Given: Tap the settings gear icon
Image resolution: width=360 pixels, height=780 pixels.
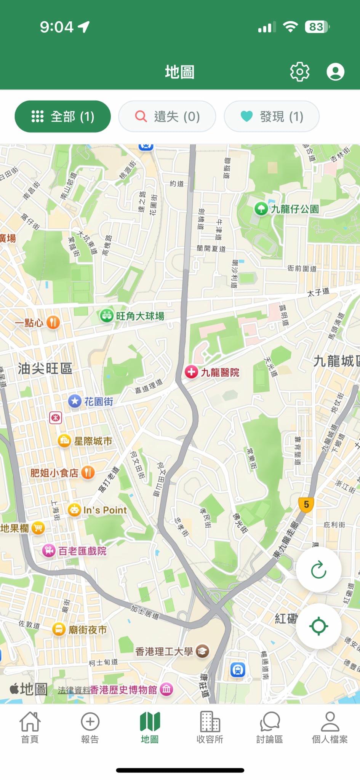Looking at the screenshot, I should point(300,72).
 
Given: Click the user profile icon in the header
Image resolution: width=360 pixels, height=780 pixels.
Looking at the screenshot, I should point(335,72).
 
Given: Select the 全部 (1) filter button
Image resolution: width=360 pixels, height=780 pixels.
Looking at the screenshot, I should point(63,117).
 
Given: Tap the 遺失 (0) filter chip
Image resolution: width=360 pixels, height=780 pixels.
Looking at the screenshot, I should point(167,117).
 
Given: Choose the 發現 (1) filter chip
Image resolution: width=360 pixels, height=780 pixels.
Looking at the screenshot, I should point(272,117).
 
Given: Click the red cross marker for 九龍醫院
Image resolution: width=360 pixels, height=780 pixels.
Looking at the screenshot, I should point(191,372).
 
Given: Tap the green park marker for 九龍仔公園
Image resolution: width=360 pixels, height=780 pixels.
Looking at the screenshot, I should point(261,209).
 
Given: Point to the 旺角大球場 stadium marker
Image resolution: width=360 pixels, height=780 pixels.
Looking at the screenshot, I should point(106,316).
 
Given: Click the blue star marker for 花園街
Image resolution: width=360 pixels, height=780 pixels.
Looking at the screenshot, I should point(75,401).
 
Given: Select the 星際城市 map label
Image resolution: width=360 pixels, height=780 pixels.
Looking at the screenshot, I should point(93,441).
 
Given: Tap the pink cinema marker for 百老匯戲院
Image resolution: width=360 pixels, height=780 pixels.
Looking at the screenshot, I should point(49,551).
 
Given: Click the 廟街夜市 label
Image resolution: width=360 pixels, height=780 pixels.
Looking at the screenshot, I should point(87,630).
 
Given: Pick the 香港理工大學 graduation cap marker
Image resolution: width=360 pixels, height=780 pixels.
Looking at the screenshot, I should point(203,651).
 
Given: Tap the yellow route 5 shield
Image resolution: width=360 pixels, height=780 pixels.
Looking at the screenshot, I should point(306,505).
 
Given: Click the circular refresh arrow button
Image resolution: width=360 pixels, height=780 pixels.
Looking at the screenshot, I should point(318,570).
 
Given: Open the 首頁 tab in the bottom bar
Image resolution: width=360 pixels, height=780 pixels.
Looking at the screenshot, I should point(30,728).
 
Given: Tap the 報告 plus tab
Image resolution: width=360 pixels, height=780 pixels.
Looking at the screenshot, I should point(90,728).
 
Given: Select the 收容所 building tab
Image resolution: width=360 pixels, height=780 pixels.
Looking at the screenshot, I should point(210,728).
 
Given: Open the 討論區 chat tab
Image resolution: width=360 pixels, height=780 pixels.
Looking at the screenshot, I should point(270,728).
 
